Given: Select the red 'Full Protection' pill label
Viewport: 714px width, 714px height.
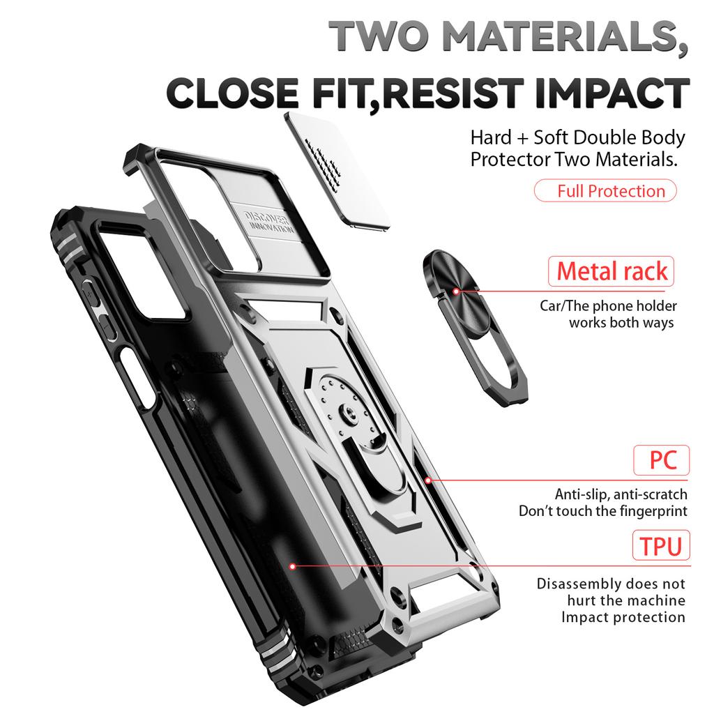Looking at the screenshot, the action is (x=605, y=191).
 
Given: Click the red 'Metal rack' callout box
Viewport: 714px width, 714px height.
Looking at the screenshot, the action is (x=611, y=271).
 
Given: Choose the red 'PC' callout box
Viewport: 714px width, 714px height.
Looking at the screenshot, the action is (x=661, y=460).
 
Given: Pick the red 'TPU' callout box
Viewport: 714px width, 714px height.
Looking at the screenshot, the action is (x=661, y=545).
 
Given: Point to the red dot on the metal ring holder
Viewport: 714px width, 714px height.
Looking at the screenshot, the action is (x=456, y=291).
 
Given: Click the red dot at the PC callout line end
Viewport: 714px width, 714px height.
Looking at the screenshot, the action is (x=428, y=480).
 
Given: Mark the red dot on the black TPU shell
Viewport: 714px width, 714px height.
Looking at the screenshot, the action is (x=293, y=566).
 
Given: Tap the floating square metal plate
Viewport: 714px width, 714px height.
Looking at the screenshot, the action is (x=337, y=170).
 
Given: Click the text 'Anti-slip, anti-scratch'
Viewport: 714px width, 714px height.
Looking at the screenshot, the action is (x=621, y=494).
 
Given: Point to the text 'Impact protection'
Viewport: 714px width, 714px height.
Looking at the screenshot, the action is (x=623, y=617).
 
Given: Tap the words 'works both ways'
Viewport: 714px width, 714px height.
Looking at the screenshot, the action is (x=621, y=322).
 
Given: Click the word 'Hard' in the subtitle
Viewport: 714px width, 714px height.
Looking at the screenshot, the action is (x=491, y=137).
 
